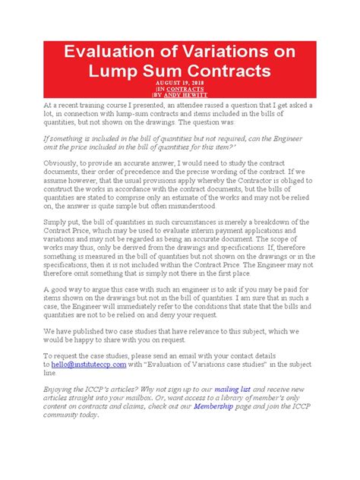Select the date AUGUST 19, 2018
pos(180,82)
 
